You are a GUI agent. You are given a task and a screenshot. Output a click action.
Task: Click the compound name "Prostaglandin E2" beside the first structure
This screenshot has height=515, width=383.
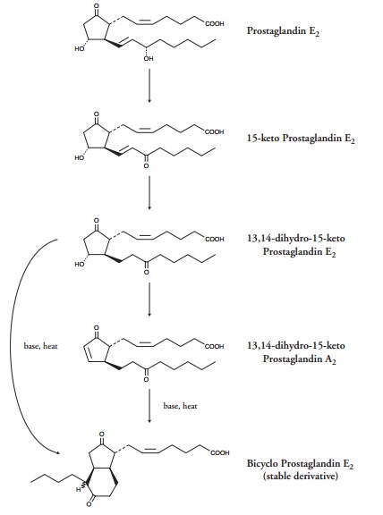283,31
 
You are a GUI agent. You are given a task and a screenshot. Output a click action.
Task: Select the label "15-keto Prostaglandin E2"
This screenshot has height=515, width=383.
301,139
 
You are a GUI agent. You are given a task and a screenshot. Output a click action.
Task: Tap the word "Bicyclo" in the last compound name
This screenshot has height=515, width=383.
263,463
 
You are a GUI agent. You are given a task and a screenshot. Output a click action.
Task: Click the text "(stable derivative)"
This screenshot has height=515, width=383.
301,476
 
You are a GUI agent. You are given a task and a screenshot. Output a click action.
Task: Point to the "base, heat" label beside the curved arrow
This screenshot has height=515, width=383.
40,346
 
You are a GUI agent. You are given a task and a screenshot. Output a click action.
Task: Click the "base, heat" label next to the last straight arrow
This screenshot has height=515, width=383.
181,406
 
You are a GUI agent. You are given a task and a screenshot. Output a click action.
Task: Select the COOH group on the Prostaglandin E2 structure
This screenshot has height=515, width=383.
215,24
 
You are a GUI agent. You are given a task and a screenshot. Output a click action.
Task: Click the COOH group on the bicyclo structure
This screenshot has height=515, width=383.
219,453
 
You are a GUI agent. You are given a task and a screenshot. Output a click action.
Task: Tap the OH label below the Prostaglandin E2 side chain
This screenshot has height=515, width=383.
149,58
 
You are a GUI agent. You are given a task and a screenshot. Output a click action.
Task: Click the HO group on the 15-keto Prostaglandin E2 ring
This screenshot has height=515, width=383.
79,158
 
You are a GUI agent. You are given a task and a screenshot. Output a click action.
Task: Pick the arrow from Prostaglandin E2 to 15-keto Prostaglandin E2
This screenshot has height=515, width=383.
149,86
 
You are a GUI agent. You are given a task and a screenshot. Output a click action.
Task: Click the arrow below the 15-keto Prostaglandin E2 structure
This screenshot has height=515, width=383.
149,192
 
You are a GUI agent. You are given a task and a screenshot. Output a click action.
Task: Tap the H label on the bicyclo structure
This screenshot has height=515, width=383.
78,489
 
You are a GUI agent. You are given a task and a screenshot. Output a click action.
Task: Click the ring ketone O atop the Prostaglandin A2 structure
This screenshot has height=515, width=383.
96,328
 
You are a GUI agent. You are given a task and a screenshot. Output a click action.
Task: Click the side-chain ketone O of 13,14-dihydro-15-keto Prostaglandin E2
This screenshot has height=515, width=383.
147,273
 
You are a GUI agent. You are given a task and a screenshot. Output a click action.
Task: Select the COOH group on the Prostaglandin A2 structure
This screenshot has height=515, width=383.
215,347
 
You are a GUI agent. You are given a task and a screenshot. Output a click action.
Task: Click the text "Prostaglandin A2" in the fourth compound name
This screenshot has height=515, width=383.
299,359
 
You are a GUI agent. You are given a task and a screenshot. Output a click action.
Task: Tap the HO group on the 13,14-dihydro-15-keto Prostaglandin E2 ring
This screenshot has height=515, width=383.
79,265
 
